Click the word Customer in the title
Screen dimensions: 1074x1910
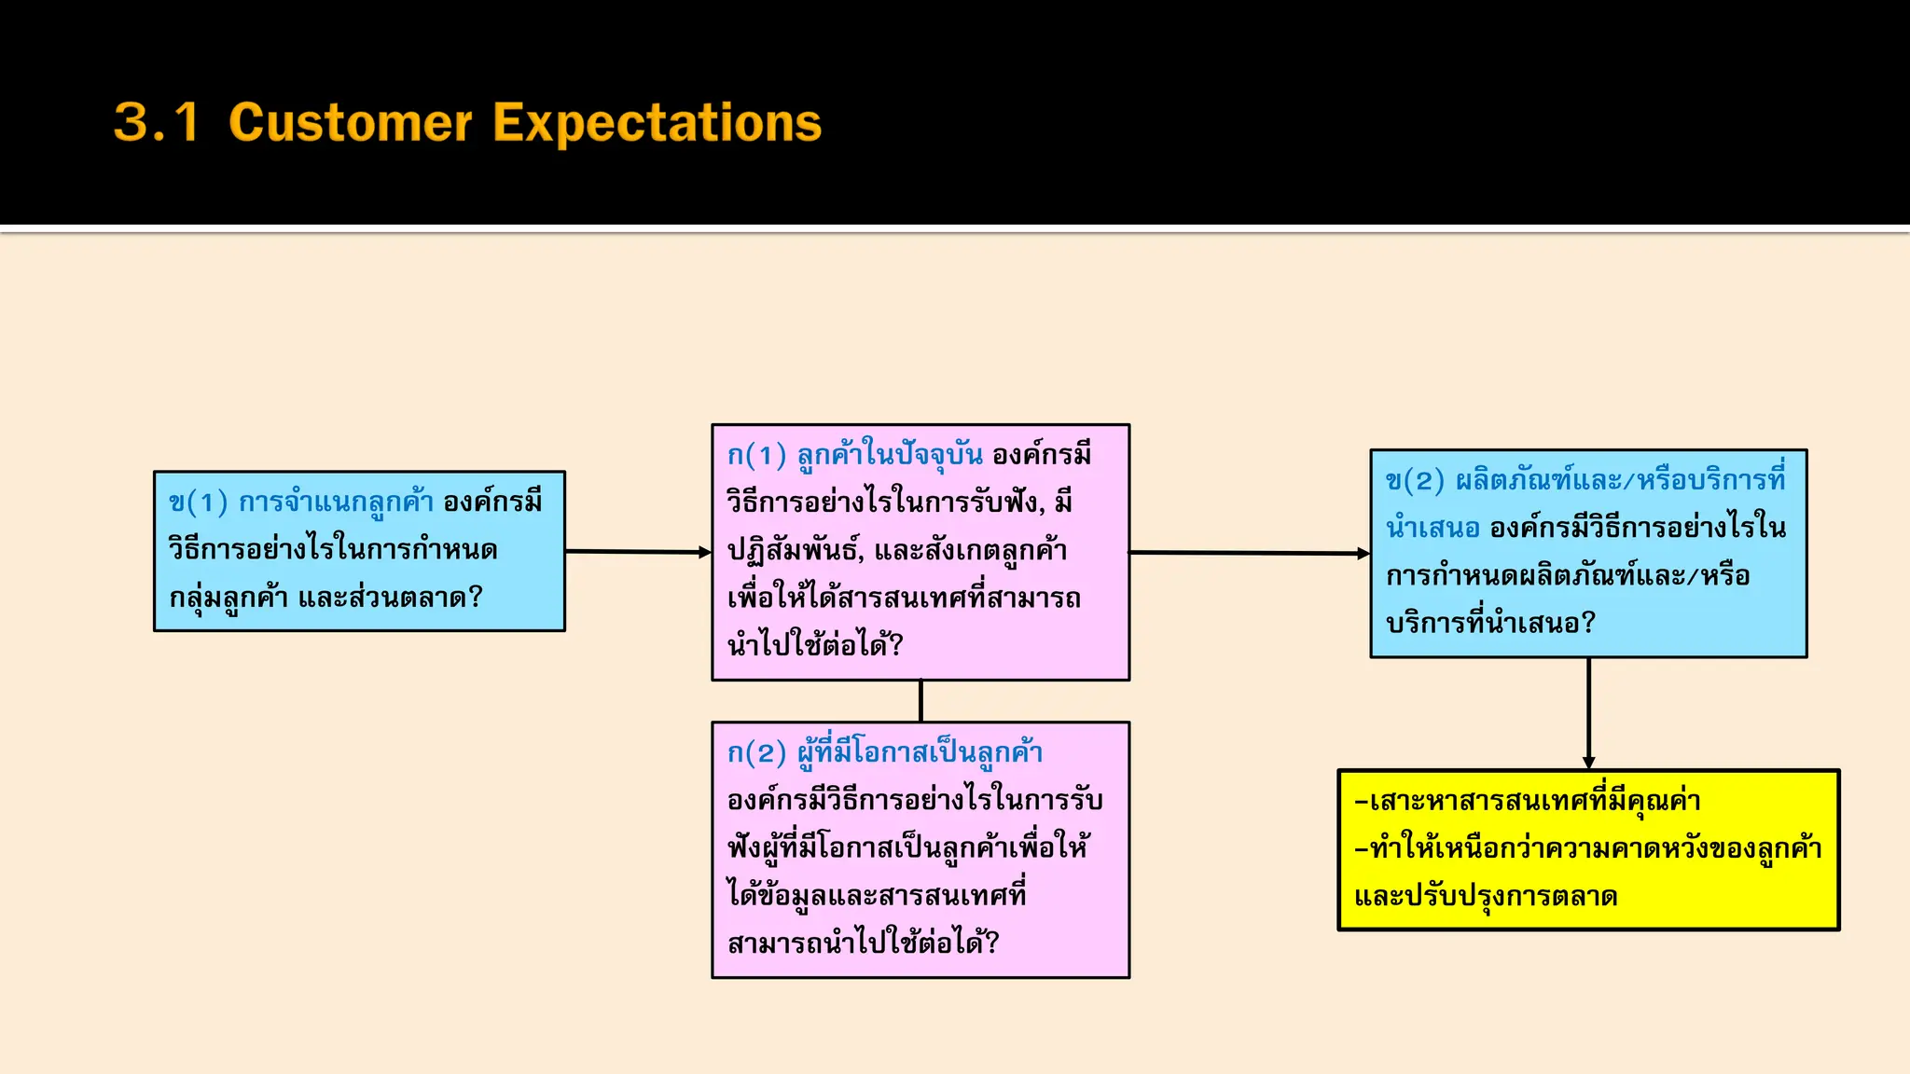[351, 123]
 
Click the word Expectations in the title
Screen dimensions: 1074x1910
[657, 123]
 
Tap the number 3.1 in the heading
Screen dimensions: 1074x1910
[157, 123]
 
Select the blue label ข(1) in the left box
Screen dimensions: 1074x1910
[198, 503]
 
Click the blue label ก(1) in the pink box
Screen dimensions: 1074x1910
[756, 455]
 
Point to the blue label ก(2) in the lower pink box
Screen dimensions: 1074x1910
[756, 752]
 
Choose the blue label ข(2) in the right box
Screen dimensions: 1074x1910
[1415, 480]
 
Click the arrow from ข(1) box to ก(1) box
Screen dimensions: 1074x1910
[639, 552]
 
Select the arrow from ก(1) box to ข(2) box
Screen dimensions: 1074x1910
[1250, 553]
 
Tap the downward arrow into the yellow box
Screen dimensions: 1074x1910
[1588, 714]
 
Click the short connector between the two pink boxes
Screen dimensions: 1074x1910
[920, 701]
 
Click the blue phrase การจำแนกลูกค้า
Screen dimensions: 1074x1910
[336, 503]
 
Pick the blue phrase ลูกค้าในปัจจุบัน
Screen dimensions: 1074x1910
[890, 455]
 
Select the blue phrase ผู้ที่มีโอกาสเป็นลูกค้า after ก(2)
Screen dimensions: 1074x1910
[920, 752]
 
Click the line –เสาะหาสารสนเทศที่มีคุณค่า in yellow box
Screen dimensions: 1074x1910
[1528, 801]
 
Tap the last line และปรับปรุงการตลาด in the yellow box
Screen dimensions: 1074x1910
[1486, 897]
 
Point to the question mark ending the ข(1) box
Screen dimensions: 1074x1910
[476, 597]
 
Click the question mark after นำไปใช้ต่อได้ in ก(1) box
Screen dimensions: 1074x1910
[896, 644]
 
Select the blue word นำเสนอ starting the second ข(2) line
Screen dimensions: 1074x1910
[1432, 528]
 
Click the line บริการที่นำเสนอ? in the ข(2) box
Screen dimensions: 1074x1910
[1490, 623]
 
